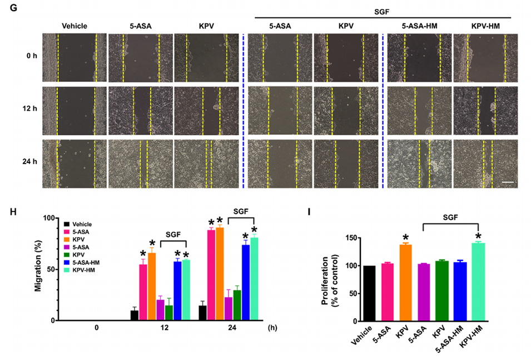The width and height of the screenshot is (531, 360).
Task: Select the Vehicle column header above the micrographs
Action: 75,26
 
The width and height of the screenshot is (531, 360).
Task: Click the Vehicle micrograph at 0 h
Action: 75,57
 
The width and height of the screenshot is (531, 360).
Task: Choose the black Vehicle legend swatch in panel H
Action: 66,224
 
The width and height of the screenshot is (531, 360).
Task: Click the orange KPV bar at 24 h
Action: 220,274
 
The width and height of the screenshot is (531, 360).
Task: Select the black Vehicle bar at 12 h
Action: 135,315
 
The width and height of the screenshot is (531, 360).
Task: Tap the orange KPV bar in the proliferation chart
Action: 406,283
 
